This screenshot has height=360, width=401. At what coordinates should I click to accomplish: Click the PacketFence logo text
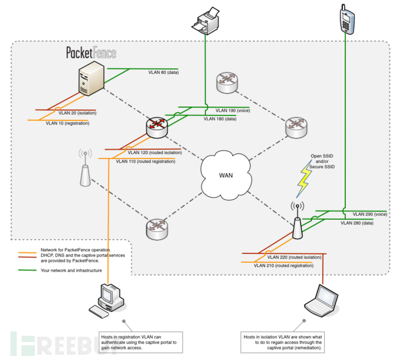[x=91, y=53]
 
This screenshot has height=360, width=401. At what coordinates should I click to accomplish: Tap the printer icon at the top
[x=206, y=21]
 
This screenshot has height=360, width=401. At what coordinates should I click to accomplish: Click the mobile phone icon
[x=347, y=19]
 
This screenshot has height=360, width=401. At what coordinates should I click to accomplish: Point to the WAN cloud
[x=226, y=175]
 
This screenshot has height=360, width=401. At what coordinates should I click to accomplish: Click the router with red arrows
[x=157, y=127]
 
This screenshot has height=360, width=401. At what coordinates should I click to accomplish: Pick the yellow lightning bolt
[x=305, y=179]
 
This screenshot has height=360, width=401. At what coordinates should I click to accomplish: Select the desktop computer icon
[x=108, y=301]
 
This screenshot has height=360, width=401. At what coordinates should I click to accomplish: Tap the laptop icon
[x=322, y=301]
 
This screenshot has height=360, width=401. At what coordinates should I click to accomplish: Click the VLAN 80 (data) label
[x=163, y=73]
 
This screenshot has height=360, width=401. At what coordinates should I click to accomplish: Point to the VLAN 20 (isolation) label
[x=77, y=113]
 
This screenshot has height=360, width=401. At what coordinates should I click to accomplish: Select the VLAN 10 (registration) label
[x=67, y=123]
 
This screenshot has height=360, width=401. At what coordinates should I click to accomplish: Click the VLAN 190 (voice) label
[x=232, y=111]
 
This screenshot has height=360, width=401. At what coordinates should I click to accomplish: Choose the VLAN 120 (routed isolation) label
[x=155, y=152]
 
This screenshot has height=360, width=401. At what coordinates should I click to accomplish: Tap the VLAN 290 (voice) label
[x=370, y=214]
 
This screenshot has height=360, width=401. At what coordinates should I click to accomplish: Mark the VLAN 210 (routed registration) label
[x=284, y=266]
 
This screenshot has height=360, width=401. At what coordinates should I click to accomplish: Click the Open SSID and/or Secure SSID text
[x=322, y=161]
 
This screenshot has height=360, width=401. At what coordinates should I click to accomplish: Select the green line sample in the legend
[x=27, y=270]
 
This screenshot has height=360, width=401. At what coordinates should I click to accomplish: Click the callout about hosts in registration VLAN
[x=141, y=343]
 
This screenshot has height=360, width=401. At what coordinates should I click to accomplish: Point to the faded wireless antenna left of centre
[x=85, y=168]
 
